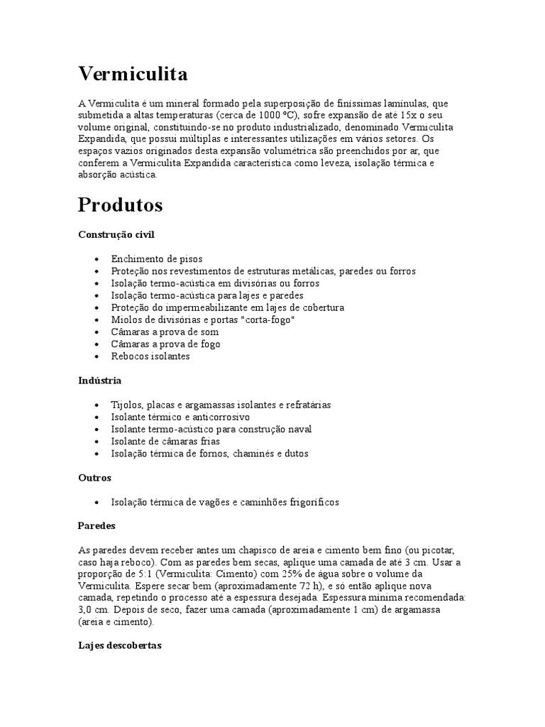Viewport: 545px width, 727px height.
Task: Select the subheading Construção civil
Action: [x=116, y=234]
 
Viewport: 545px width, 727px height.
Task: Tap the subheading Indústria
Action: [x=99, y=381]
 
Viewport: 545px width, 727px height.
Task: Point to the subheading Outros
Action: [x=94, y=478]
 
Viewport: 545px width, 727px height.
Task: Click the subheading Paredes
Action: [x=97, y=526]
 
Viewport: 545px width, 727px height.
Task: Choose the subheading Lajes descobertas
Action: [x=120, y=646]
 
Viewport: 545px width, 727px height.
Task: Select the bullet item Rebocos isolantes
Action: [x=150, y=356]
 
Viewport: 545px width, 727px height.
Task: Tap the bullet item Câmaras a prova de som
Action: [x=165, y=332]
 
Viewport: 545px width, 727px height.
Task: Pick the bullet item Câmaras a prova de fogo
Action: [x=165, y=344]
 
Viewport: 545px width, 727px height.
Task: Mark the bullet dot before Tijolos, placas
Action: [x=96, y=405]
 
